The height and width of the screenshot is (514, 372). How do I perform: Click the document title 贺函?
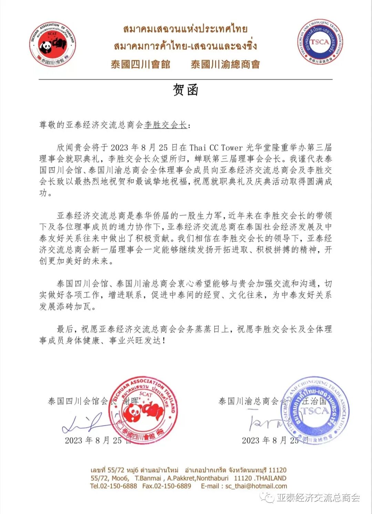[186, 90]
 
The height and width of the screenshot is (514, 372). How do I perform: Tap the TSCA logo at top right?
[320, 42]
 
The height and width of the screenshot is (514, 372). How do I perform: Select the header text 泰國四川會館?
[141, 64]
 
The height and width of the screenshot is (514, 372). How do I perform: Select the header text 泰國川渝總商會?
[226, 64]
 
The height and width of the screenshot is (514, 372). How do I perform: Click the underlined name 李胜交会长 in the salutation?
[165, 125]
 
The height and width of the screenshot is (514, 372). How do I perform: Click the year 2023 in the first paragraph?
[119, 148]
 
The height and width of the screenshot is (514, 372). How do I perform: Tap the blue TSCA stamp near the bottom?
[315, 410]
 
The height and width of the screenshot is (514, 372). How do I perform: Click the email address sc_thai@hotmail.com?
[256, 486]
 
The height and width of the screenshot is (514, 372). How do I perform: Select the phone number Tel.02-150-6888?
[113, 486]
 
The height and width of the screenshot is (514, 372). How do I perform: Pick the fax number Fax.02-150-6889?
[167, 486]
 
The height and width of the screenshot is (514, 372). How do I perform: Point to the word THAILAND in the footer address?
[271, 478]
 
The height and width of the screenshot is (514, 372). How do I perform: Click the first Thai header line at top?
[185, 29]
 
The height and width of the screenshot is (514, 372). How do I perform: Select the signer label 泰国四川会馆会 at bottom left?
[78, 401]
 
